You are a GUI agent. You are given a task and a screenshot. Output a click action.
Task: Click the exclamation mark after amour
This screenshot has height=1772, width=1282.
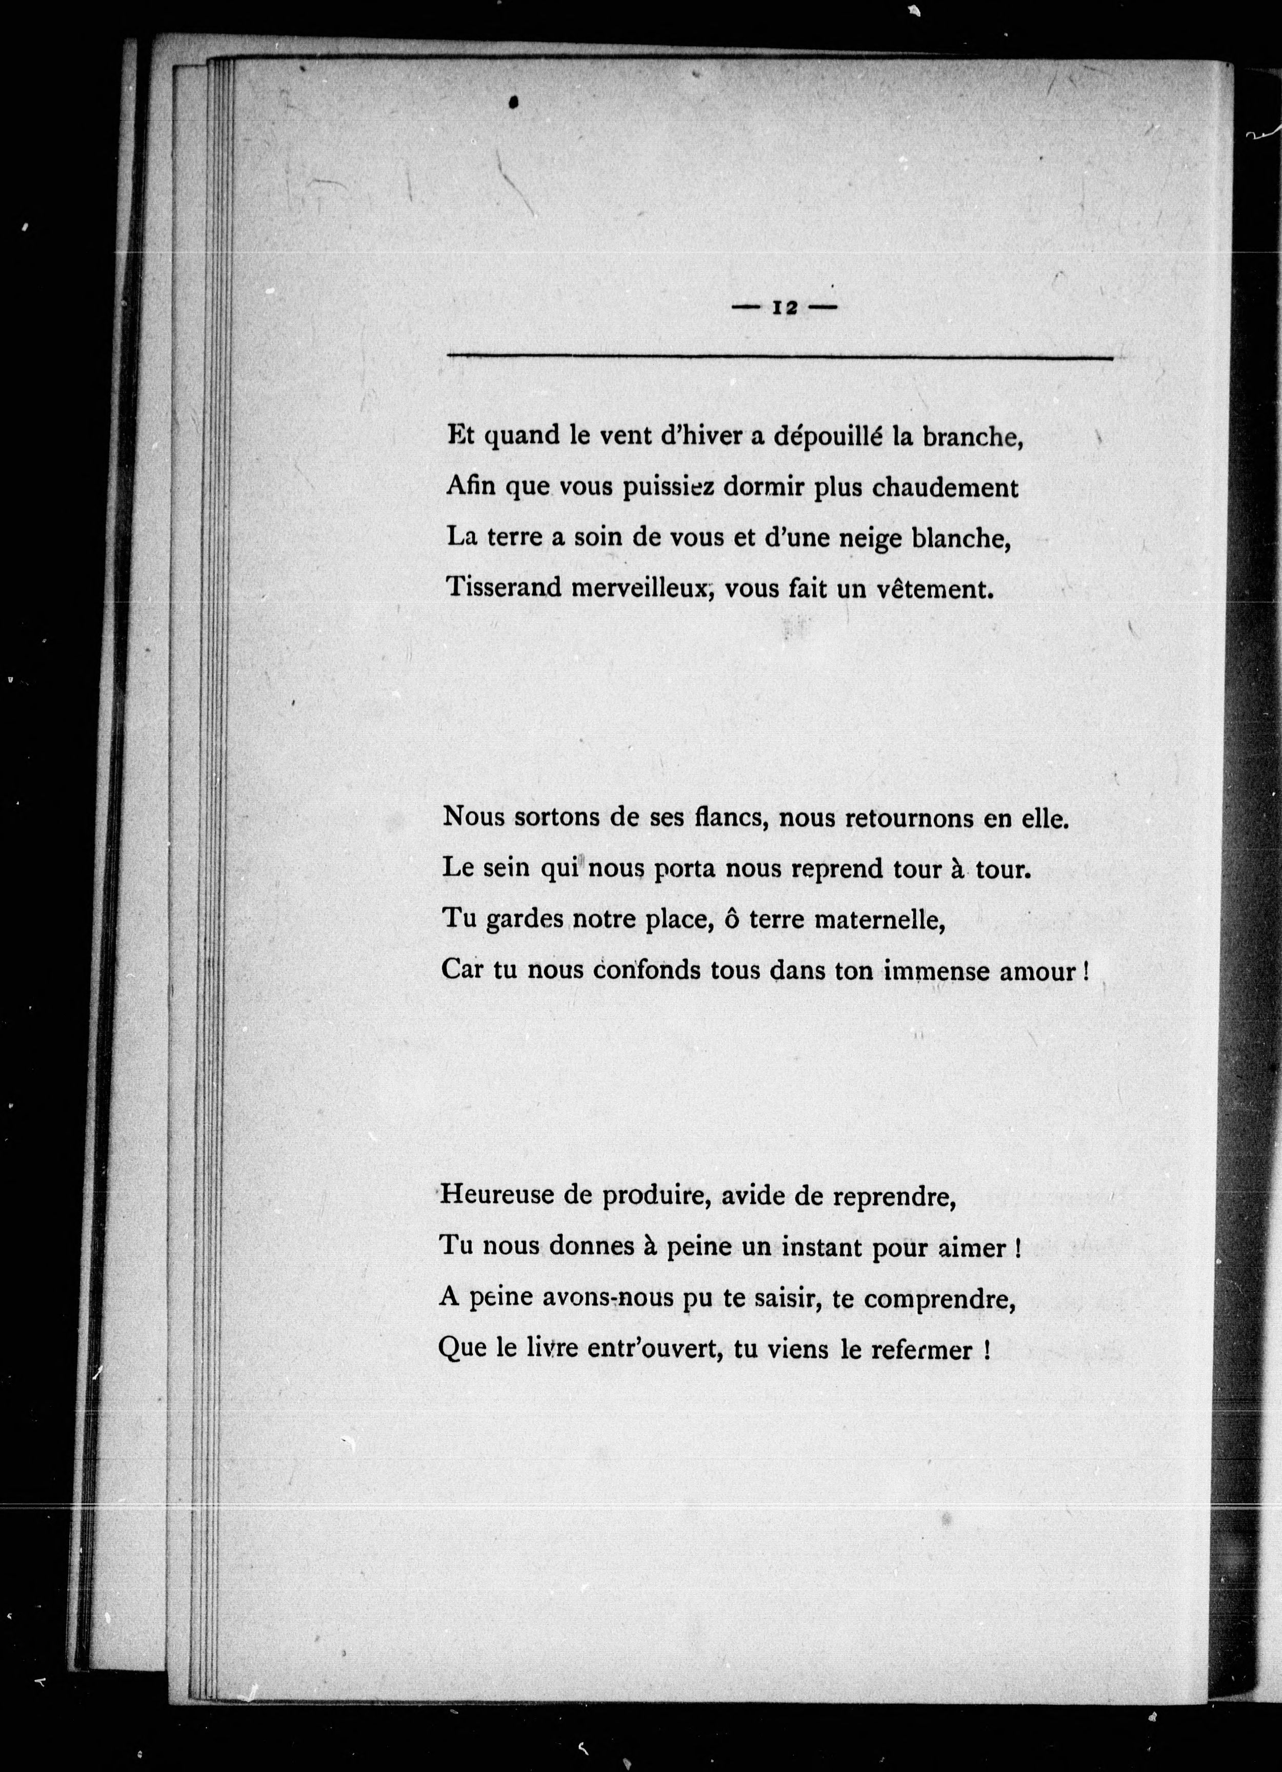[x=1086, y=971]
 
